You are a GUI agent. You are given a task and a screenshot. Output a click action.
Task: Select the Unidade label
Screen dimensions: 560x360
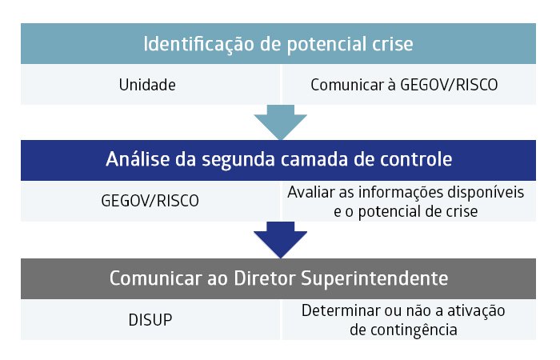point(147,85)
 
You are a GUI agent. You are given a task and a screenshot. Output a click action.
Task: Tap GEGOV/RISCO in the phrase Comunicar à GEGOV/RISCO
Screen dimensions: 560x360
point(449,86)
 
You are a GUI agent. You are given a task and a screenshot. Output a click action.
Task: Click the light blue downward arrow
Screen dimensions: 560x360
point(280,122)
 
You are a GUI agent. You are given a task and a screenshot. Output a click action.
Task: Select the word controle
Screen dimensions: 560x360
point(416,159)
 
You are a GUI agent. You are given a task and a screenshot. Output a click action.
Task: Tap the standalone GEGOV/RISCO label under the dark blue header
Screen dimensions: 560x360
point(150,201)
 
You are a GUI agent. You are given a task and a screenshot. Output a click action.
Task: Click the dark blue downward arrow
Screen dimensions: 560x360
point(280,239)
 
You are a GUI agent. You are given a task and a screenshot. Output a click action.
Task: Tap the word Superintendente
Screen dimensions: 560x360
point(374,278)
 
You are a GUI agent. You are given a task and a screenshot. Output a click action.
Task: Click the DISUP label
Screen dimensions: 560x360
point(150,320)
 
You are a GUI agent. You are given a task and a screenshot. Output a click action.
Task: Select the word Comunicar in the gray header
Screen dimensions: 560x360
point(156,278)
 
